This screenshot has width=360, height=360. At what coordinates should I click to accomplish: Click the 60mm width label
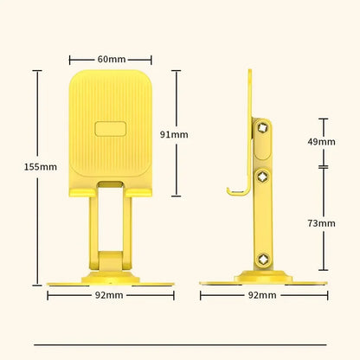point(110,59)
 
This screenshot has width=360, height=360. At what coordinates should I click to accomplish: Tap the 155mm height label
point(16,167)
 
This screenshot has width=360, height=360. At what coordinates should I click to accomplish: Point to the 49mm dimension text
point(322,141)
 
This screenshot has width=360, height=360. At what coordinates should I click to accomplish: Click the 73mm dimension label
point(322,222)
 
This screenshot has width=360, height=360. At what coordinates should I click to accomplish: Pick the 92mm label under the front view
point(110,295)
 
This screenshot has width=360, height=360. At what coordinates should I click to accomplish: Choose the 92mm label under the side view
point(263,295)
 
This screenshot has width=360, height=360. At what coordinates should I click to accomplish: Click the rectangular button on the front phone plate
point(110,130)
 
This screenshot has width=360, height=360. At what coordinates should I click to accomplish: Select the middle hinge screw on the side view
point(264,177)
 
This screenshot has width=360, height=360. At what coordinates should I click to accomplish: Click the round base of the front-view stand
point(110,279)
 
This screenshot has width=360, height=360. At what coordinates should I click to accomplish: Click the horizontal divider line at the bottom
point(180,344)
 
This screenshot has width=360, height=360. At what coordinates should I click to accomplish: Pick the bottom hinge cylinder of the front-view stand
point(110,258)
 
